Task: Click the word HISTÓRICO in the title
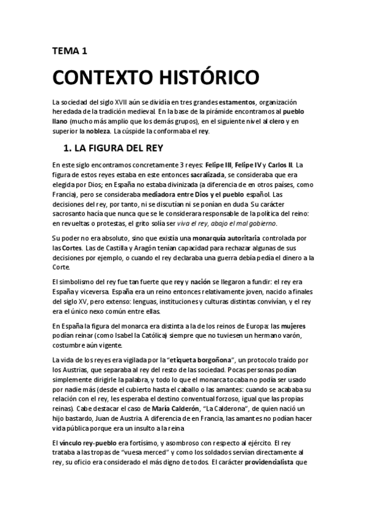click(192, 79)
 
